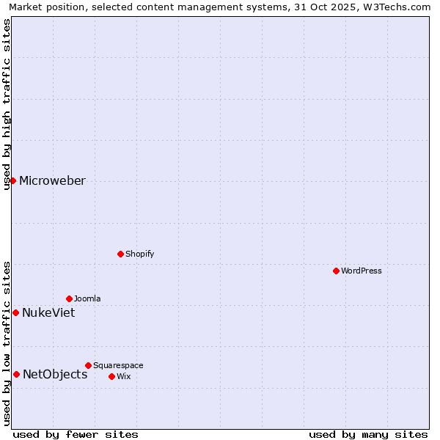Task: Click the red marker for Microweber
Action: click(12, 180)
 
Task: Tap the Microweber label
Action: click(52, 181)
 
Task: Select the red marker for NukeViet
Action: click(15, 312)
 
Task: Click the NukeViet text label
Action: click(48, 313)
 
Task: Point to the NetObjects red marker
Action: click(16, 374)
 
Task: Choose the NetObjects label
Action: click(55, 375)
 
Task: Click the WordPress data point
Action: click(336, 271)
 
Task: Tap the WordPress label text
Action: click(362, 271)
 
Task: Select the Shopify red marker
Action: click(120, 254)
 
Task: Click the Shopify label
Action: click(139, 254)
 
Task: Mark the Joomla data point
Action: click(69, 298)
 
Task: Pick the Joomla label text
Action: click(87, 298)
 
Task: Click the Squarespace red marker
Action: click(88, 365)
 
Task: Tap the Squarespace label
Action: click(118, 365)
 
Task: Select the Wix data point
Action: click(111, 376)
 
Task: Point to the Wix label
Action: click(123, 376)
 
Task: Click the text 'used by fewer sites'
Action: click(76, 434)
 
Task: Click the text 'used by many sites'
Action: click(368, 434)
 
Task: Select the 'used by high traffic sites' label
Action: click(7, 104)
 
